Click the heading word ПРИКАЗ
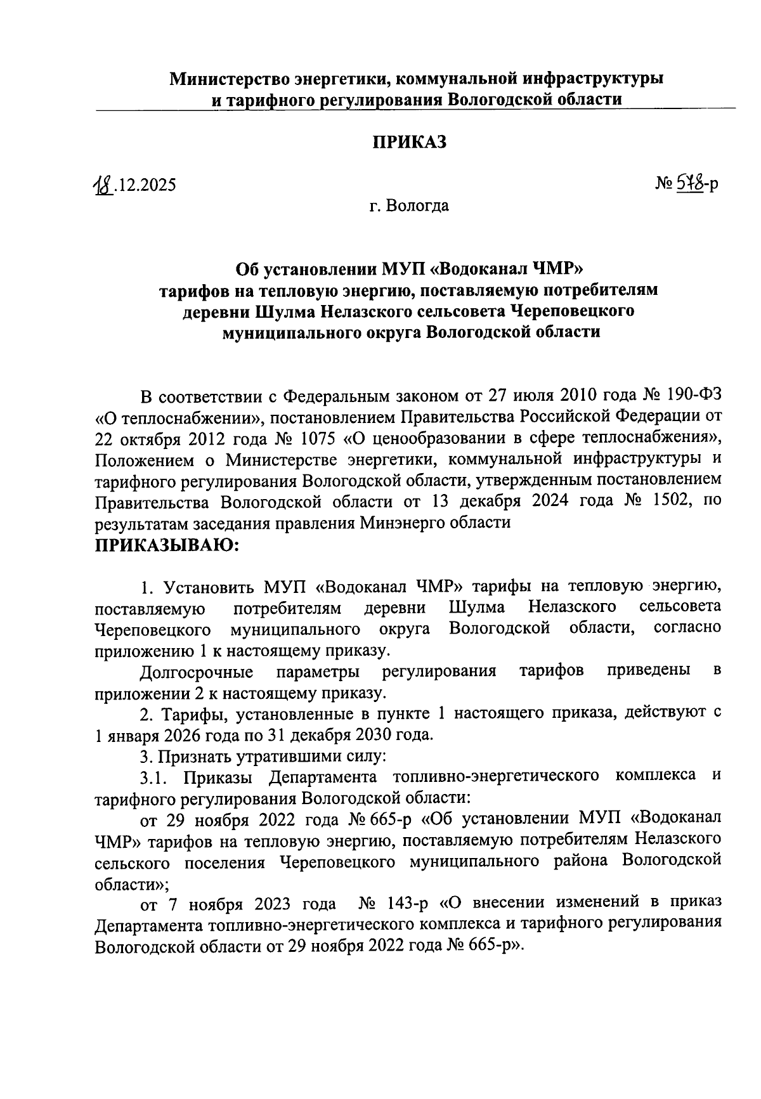[x=408, y=142]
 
